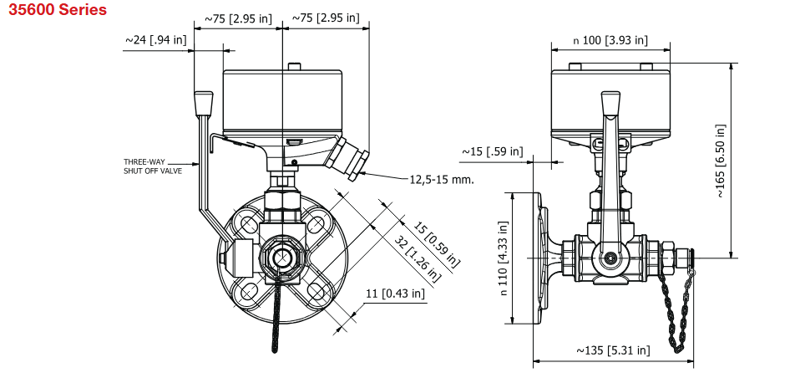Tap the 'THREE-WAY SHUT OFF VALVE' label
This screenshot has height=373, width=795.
click(x=151, y=166)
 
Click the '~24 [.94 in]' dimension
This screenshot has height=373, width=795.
click(x=155, y=38)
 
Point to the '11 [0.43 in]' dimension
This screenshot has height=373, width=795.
click(x=395, y=293)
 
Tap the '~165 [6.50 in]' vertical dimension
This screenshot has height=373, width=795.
click(x=721, y=161)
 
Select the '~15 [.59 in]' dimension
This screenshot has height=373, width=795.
click(x=493, y=151)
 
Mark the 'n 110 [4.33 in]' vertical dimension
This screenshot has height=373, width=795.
click(x=503, y=258)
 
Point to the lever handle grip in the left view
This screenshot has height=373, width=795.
click(x=204, y=104)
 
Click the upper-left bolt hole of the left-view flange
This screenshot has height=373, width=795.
click(x=247, y=222)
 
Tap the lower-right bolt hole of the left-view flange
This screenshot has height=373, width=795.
click(x=315, y=289)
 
